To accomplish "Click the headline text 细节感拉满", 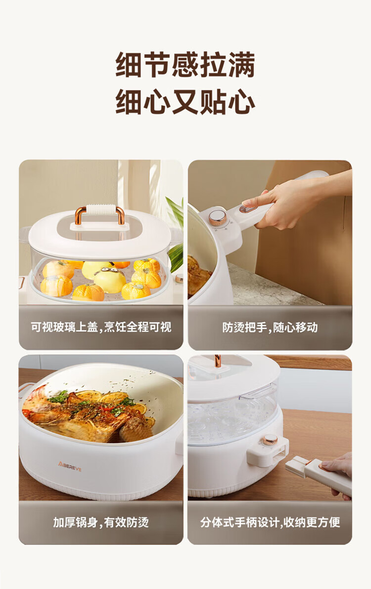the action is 185,65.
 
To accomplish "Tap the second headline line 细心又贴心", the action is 185,101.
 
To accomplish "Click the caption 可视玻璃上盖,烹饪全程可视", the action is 101,327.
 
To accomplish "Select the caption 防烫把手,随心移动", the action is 270,327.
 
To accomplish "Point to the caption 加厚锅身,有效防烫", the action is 101,522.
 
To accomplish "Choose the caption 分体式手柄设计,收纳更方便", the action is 270,522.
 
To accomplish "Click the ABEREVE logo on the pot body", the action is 70,466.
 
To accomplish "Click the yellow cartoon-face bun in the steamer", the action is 110,280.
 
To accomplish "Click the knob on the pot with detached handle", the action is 270,440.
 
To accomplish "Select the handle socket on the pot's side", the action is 267,453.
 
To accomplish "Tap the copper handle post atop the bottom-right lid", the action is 217,361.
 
